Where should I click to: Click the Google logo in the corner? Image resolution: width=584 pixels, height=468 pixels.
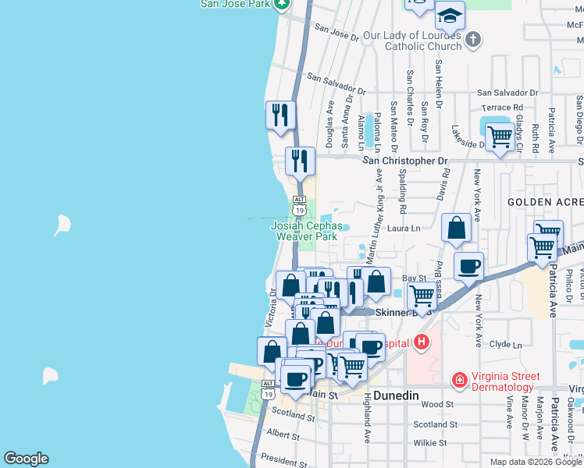[x=26, y=459]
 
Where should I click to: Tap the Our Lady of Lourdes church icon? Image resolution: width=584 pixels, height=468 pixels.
[x=472, y=39]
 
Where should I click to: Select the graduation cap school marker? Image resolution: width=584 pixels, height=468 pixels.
[x=449, y=15]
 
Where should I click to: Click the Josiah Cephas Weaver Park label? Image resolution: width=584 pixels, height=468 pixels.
[x=305, y=231]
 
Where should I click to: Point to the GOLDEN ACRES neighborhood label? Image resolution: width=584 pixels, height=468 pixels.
[x=544, y=202]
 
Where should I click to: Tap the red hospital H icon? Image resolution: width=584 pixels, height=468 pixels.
[x=422, y=342]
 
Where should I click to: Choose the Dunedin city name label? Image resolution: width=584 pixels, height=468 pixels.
[x=396, y=395]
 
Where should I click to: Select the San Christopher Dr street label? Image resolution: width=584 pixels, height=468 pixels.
[x=406, y=161]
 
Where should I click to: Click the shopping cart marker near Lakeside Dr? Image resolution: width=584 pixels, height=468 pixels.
[x=500, y=138]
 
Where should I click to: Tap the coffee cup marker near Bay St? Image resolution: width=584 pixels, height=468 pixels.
[x=468, y=266]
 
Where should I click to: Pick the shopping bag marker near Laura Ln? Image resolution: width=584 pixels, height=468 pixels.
[x=457, y=228]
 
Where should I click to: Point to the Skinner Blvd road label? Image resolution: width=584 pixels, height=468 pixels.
[x=403, y=313]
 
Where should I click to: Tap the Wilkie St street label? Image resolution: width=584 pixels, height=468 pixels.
[x=429, y=443]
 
